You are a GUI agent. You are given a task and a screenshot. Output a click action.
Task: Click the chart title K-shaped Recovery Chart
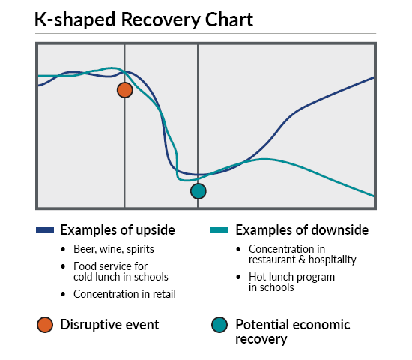(x=144, y=20)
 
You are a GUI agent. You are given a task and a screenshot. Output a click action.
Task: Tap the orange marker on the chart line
(x=125, y=90)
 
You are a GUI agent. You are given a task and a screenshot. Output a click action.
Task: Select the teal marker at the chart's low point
(x=198, y=191)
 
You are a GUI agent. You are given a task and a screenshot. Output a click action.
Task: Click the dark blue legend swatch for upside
(x=45, y=230)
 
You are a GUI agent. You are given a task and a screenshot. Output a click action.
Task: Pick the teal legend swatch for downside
(x=219, y=230)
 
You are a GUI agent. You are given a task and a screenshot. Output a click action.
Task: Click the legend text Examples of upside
(x=118, y=229)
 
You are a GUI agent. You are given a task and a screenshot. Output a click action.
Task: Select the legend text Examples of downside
(x=302, y=229)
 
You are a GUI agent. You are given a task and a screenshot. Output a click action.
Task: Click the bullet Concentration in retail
(x=124, y=294)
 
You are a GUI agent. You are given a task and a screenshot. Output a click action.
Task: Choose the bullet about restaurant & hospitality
(x=302, y=254)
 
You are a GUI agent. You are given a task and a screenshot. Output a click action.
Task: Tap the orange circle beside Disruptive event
(x=45, y=325)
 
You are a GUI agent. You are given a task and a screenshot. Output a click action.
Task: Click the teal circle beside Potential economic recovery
(x=219, y=325)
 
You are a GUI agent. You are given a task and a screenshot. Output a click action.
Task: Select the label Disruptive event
(x=109, y=325)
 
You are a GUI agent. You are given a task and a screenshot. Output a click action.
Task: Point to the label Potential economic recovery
(x=292, y=331)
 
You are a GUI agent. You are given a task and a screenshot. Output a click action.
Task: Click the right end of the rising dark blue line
(x=373, y=77)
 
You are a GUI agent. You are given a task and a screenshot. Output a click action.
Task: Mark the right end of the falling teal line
(x=373, y=196)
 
